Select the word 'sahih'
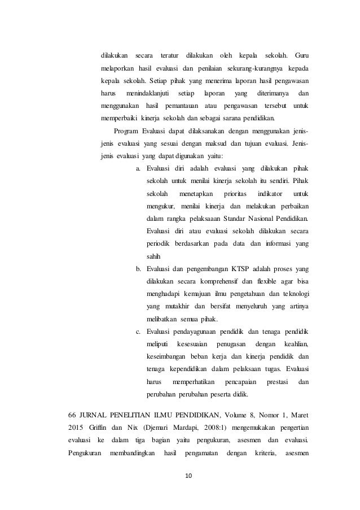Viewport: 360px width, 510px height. [153, 256]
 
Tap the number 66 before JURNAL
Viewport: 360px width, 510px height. [72, 416]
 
